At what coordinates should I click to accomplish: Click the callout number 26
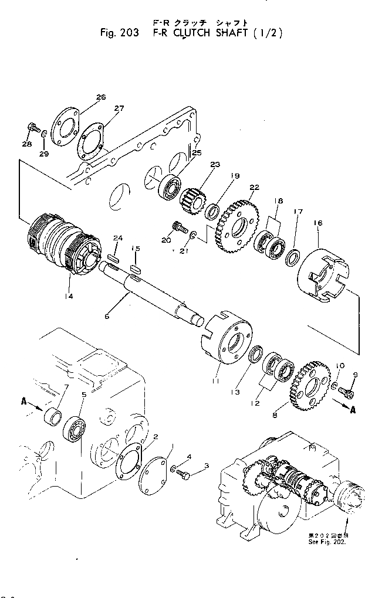101,97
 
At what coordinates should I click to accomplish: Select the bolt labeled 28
33,127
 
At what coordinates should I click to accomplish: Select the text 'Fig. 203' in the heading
120,33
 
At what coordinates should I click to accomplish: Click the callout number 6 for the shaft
107,316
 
